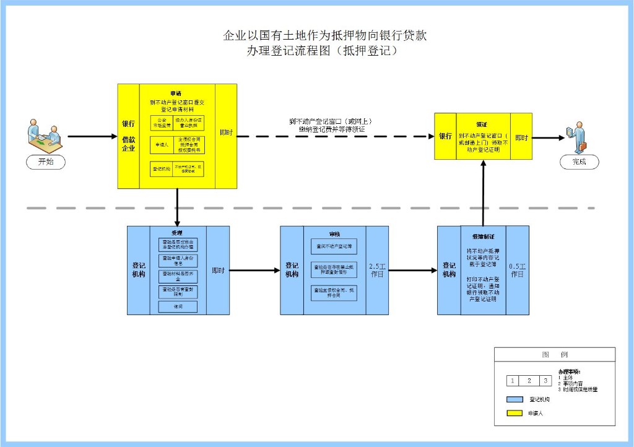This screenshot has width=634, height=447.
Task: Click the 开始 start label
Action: pyautogui.click(x=46, y=162)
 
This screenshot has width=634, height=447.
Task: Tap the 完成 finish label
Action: pyautogui.click(x=579, y=162)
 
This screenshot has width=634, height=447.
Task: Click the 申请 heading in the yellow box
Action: pyautogui.click(x=177, y=93)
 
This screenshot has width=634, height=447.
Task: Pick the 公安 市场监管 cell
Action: pyautogui.click(x=162, y=122)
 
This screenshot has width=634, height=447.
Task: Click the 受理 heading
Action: pyautogui.click(x=177, y=233)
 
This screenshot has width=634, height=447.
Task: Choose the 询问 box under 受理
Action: pyautogui.click(x=177, y=306)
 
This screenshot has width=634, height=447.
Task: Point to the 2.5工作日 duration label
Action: pyautogui.click(x=377, y=270)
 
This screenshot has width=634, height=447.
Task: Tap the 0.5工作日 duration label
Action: pyautogui.click(x=517, y=270)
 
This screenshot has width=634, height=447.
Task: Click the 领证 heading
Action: pyautogui.click(x=481, y=124)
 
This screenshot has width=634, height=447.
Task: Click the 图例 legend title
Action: pyautogui.click(x=554, y=355)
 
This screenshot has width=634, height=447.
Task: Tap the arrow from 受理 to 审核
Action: pyautogui.click(x=254, y=270)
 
